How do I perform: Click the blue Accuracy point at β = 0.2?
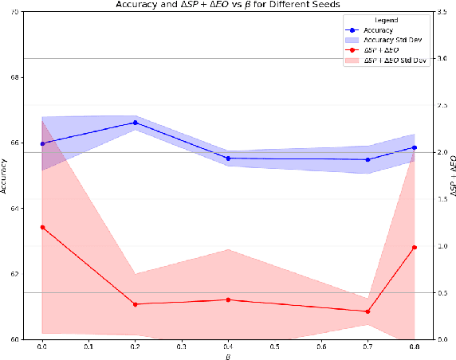coord(135,123)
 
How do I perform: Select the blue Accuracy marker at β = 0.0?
coord(42,144)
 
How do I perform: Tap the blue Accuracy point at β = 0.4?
coord(228,158)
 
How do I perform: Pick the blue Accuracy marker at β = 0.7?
coord(368,160)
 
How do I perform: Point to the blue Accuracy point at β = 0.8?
coord(414,147)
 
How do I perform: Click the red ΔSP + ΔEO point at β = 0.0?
coord(42,227)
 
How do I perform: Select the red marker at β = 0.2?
coord(135,304)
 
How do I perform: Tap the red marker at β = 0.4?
coord(228,299)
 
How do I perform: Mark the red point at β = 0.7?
coord(368,311)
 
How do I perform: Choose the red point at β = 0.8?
coord(414,248)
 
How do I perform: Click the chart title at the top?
coord(228,5)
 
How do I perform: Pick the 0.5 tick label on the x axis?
coord(274,347)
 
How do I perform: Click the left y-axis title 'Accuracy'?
coord(6,177)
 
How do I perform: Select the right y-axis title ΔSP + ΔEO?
coord(450,177)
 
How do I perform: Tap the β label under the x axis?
coord(228,356)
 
